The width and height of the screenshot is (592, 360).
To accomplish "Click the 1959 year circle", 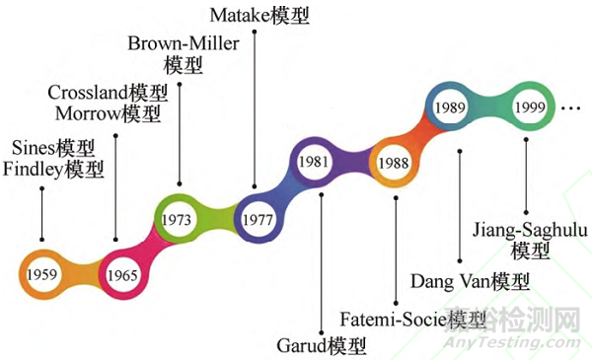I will pos(41,271).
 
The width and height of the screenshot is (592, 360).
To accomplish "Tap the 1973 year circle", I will pos(179,216).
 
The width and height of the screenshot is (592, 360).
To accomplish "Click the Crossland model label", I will pos(109,93).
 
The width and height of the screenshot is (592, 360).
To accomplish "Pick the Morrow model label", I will pos(109,113).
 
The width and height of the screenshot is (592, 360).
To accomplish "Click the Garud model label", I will pos(321,346).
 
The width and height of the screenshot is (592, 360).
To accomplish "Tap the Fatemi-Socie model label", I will pos(412,319).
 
